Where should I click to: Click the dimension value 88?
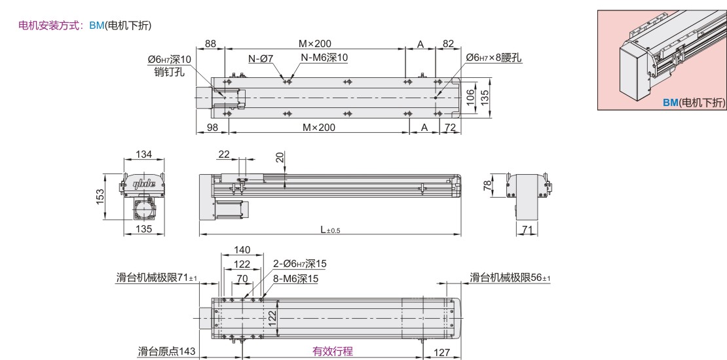tap(210, 44)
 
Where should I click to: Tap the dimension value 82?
tap(448, 44)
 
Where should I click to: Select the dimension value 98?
tap(212, 128)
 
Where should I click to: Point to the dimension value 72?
tap(450, 128)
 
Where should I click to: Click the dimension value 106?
tap(471, 98)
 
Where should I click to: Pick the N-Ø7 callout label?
tap(261, 58)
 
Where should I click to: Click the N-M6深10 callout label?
tap(324, 58)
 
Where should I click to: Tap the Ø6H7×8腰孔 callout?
tap(494, 58)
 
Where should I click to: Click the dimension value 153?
tap(100, 196)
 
